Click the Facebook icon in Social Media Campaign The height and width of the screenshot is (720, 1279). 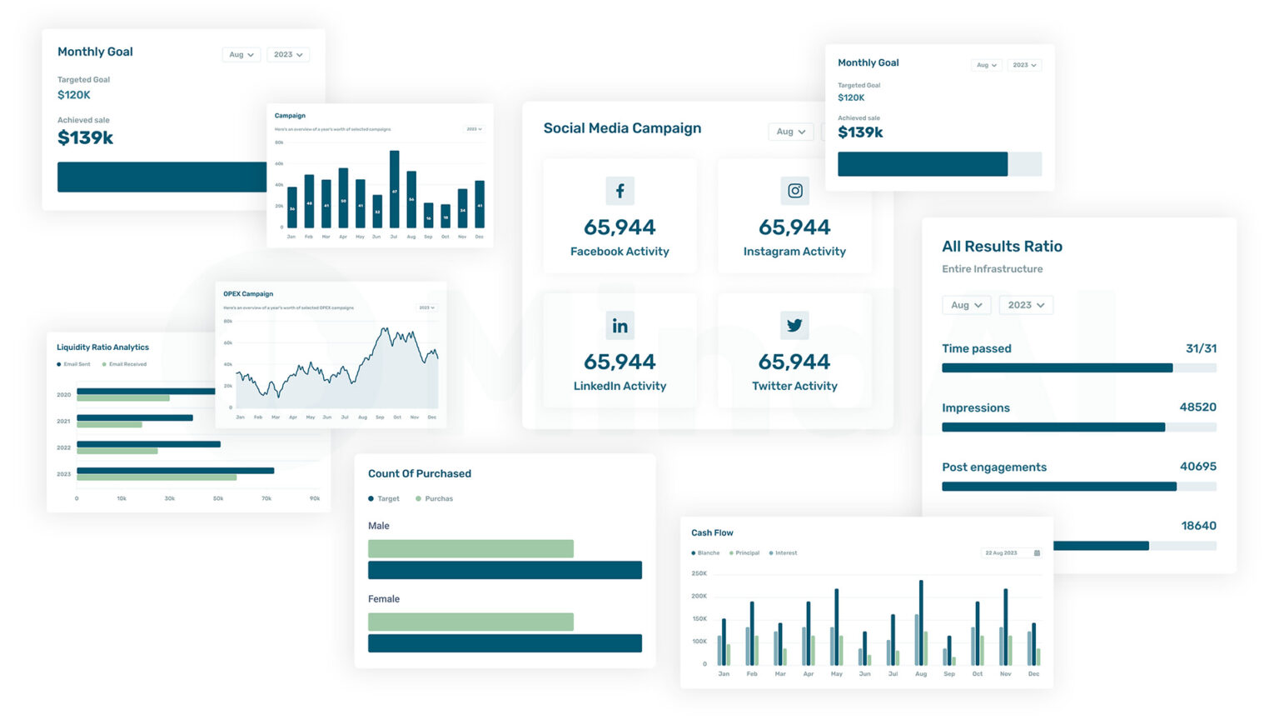pos(620,191)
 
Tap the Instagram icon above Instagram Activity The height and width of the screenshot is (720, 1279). pos(794,191)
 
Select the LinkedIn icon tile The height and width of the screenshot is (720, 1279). pos(620,326)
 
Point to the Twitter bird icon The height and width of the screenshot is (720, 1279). pos(794,326)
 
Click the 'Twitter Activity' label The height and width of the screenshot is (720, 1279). pos(794,386)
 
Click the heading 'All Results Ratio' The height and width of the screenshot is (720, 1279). pos(1002,247)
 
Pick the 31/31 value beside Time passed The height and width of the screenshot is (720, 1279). pos(1201,348)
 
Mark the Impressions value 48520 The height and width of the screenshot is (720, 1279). pos(1197,407)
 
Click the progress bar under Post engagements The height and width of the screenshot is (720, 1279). pos(1078,487)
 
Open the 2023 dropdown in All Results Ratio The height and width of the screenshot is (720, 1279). pos(1025,305)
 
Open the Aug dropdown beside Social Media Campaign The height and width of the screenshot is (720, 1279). pos(790,132)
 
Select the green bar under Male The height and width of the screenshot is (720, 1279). pos(470,548)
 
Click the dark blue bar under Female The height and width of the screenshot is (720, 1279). pos(505,643)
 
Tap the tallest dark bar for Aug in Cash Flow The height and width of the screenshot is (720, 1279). pos(921,622)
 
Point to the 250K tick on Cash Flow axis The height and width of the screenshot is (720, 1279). pos(699,573)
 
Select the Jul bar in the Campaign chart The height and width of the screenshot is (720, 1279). pos(394,189)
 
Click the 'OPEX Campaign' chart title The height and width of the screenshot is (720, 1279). pos(248,294)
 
